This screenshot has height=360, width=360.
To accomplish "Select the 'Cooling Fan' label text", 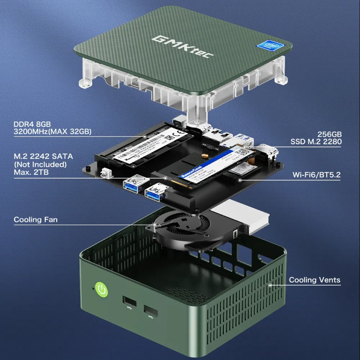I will pyautogui.click(x=35, y=220).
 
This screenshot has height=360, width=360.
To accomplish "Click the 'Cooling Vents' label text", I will pyautogui.click(x=314, y=280).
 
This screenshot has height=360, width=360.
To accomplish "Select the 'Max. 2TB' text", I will pyautogui.click(x=31, y=172).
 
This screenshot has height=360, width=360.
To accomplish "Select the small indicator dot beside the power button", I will pyautogui.click(x=93, y=288).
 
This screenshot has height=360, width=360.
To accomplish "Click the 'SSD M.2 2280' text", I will pyautogui.click(x=316, y=142).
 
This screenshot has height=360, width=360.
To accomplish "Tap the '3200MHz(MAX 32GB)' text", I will pyautogui.click(x=52, y=132).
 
